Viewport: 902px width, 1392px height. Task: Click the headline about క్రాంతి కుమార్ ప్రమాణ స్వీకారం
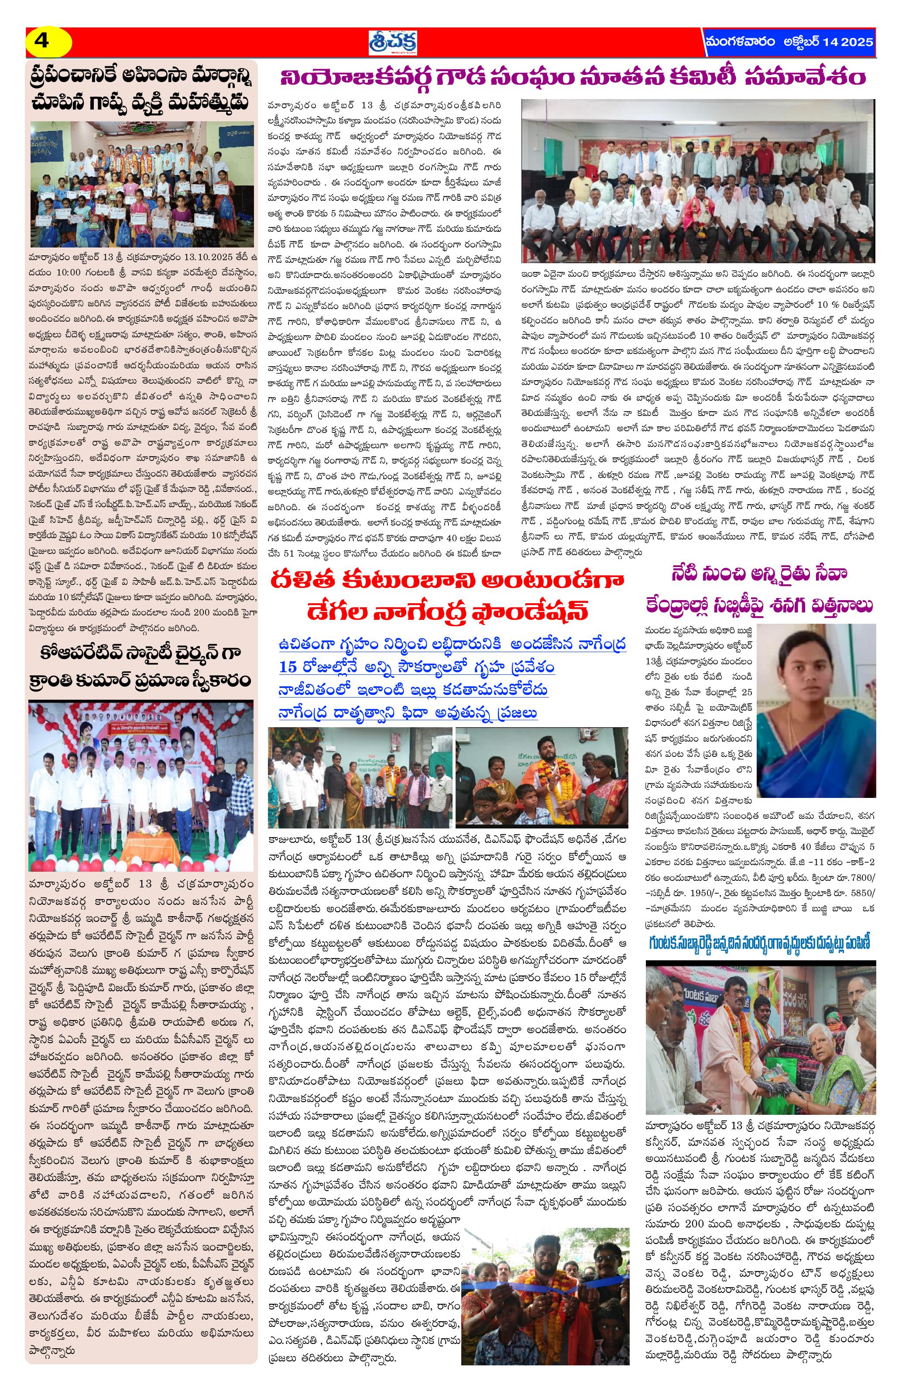(141, 680)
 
